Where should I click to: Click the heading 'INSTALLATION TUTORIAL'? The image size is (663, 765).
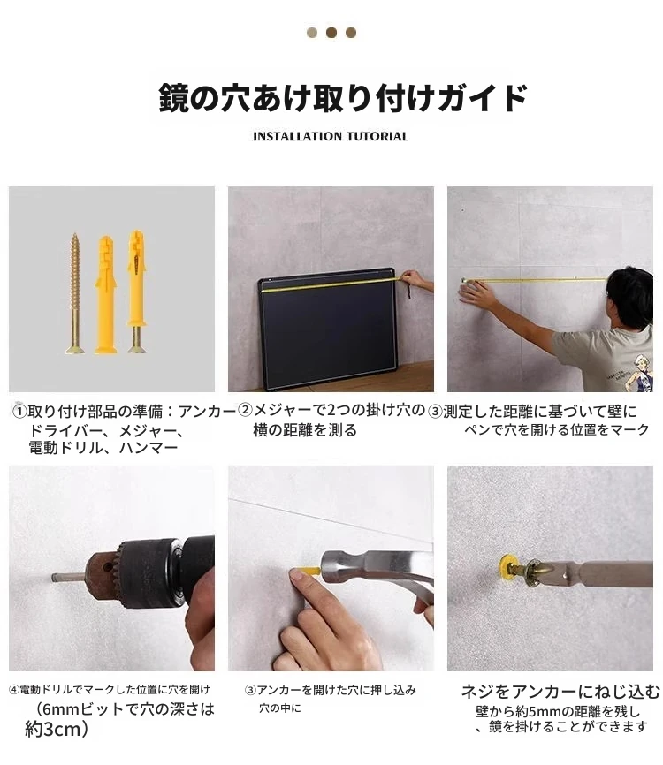331,136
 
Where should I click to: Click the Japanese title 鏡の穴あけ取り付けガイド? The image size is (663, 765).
343,98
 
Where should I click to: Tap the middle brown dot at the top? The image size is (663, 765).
331,33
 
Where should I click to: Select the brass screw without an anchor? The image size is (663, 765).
75,292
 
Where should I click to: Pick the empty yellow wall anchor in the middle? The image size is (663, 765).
105,295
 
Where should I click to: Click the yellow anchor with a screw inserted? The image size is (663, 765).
136,292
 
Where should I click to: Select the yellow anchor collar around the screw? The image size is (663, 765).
507,567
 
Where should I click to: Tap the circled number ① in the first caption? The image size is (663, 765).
19,411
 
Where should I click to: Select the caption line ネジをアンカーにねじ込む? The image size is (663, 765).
560,692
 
